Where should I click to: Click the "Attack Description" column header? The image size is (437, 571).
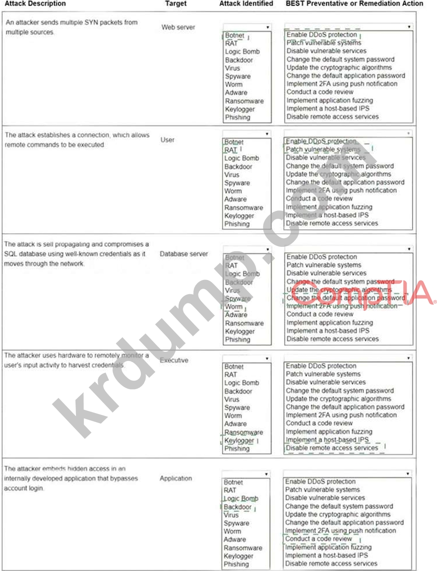(35, 4)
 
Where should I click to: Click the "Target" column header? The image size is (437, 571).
(175, 4)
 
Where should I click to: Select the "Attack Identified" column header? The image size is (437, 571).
(246, 4)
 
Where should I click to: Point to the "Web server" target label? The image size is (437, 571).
(178, 28)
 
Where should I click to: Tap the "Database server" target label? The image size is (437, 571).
(184, 254)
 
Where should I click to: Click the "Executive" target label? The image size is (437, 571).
(174, 361)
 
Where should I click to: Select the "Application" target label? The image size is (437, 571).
(175, 478)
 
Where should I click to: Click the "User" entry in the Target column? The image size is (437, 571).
(168, 140)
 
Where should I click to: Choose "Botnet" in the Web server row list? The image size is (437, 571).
(235, 35)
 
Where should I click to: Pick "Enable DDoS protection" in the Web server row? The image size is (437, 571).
(321, 35)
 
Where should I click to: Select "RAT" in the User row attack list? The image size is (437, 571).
(231, 150)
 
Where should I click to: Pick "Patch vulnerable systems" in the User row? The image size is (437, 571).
(323, 149)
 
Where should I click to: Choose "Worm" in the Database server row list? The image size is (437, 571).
(233, 307)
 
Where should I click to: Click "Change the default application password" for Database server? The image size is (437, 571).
(345, 298)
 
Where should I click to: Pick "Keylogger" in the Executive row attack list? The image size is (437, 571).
(239, 441)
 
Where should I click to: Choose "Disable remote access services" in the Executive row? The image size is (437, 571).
(332, 448)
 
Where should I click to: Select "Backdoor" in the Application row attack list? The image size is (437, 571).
(238, 507)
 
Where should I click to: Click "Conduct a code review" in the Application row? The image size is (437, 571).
(319, 539)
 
